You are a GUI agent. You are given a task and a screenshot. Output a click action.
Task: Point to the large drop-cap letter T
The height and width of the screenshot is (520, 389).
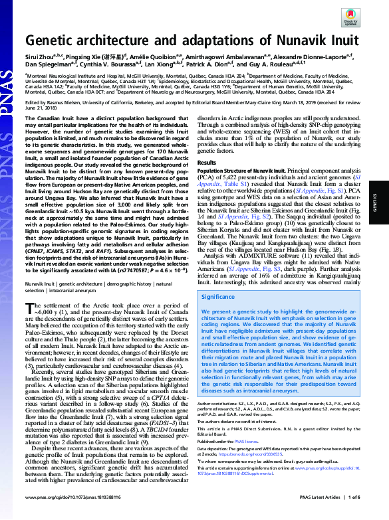(x=29, y=306)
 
